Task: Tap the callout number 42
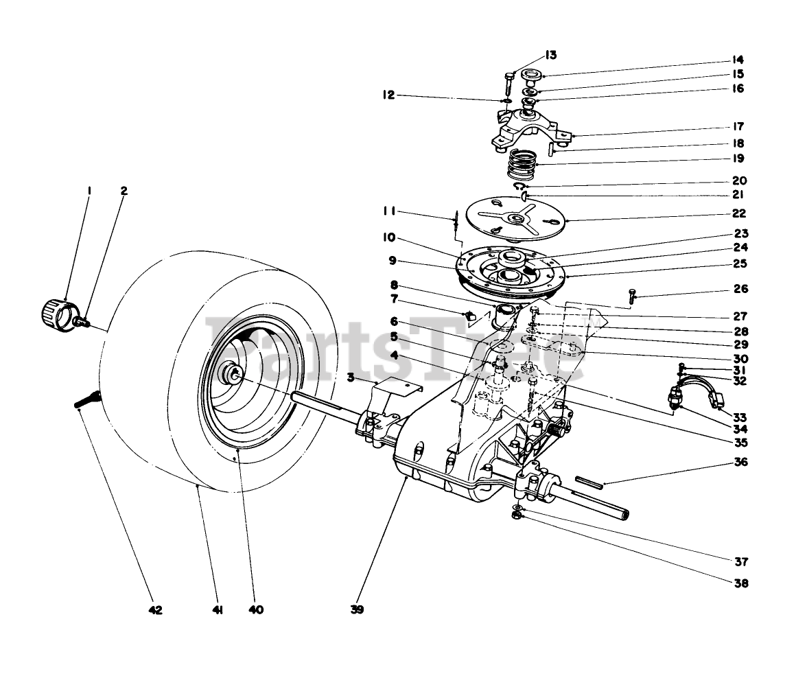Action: (155, 609)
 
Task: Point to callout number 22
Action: (739, 214)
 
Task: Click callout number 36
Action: (739, 463)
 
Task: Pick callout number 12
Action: (389, 95)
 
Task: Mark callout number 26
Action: (739, 290)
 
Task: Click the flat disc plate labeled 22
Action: (514, 218)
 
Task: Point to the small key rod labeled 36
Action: (589, 482)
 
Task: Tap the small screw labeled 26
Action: (632, 295)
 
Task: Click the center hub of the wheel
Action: (234, 373)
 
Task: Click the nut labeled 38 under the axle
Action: (519, 515)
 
